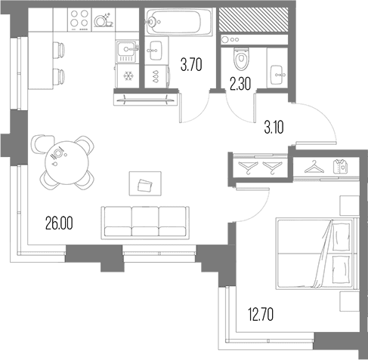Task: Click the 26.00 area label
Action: point(59,223)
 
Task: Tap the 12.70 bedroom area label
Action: point(261,315)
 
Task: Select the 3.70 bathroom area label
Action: point(191,65)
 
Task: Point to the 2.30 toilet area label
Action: point(240,84)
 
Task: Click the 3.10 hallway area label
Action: point(274,128)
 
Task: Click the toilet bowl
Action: point(241,58)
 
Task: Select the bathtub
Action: point(179,21)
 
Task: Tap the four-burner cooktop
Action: point(79,19)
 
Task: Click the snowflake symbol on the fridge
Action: point(128,75)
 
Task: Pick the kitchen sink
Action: point(128,51)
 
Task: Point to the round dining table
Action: point(66,163)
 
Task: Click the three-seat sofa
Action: point(145,223)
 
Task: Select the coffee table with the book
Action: point(145,183)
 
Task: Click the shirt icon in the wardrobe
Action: point(341,166)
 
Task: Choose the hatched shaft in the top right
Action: point(253,20)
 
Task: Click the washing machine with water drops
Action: point(157,76)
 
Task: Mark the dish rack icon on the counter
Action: point(104,20)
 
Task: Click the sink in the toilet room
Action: point(277,75)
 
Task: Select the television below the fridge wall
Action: point(146,99)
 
